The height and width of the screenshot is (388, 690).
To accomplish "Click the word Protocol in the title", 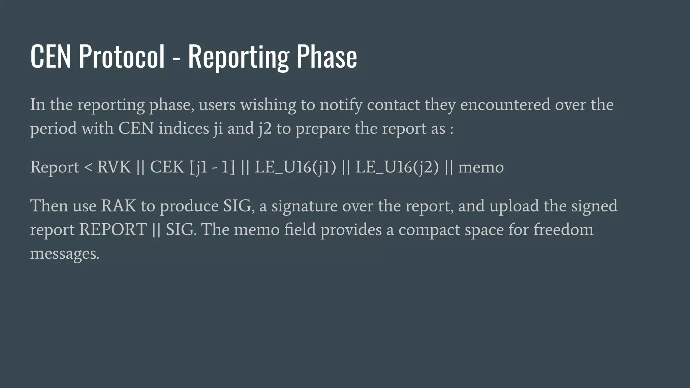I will click(122, 56).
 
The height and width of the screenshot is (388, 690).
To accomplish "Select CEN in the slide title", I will click(51, 56).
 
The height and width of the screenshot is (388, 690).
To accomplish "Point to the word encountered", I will click(505, 104).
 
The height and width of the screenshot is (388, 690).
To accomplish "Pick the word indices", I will click(184, 128).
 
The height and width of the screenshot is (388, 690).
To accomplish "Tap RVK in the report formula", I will click(114, 167).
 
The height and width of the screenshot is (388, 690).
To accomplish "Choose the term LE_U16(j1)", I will click(295, 167).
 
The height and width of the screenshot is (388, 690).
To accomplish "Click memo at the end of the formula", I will click(481, 167).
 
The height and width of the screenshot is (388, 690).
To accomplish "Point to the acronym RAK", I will click(119, 206).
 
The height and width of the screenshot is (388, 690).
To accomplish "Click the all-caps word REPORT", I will click(113, 230).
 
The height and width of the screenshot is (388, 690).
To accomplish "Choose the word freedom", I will click(563, 229).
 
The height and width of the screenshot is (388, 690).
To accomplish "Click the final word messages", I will click(65, 254).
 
